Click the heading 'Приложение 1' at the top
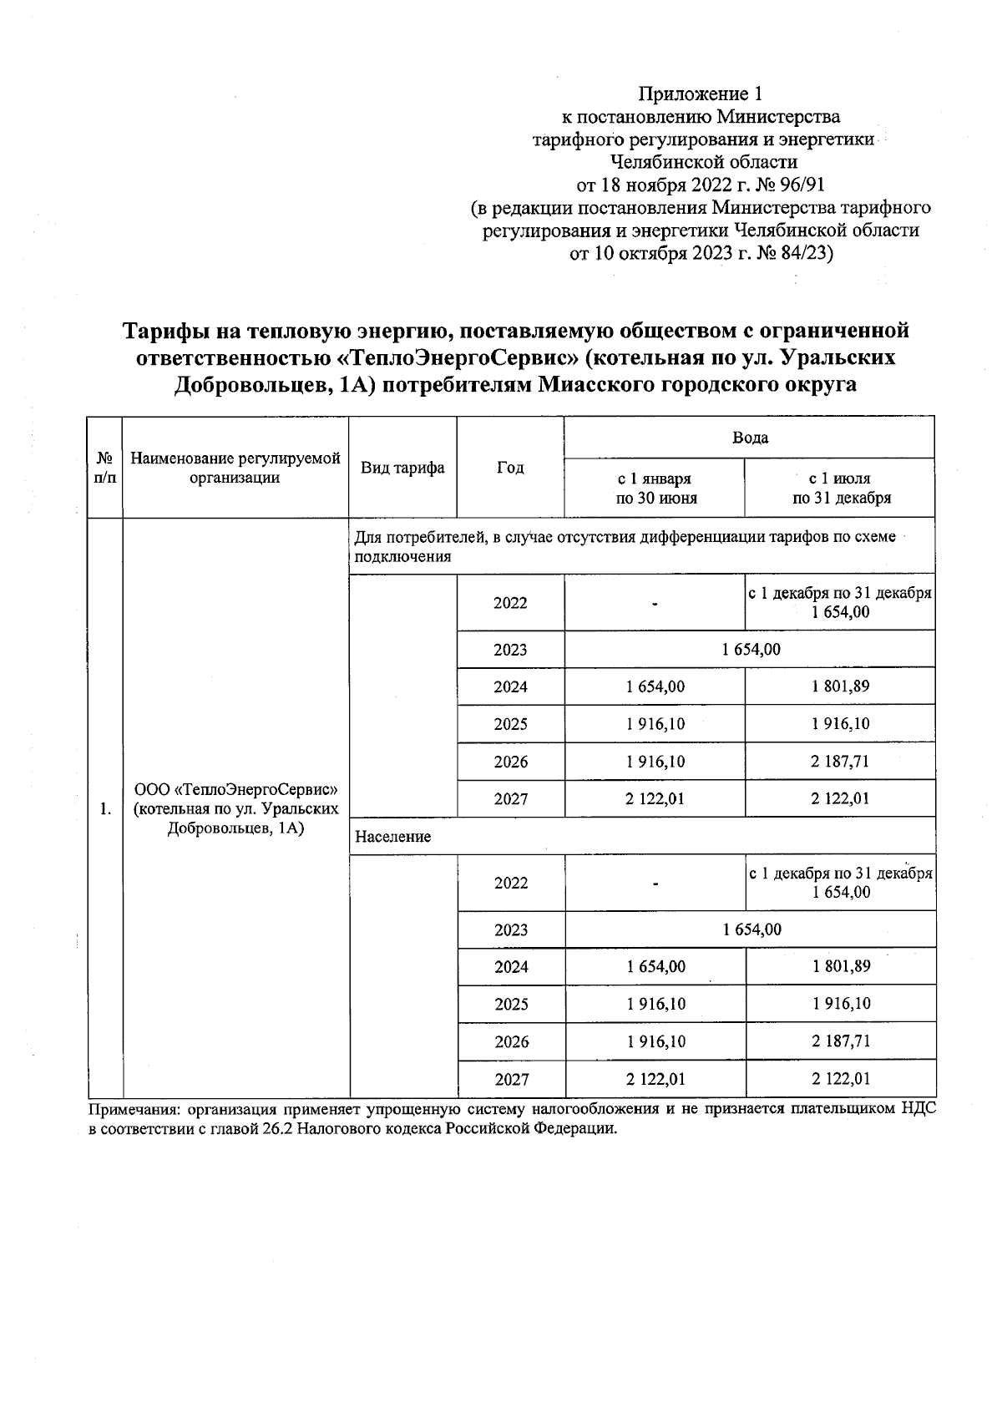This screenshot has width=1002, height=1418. [701, 93]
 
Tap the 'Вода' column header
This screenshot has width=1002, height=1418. [749, 438]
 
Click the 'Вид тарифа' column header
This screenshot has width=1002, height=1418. [402, 468]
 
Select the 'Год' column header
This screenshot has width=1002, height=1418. [510, 468]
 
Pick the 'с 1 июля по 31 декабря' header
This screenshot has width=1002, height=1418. [840, 489]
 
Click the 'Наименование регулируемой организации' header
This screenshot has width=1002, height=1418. [235, 468]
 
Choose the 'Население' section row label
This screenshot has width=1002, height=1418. [393, 836]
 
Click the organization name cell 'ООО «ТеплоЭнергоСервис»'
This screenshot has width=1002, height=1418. [236, 789]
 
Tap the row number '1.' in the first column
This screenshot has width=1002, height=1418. [105, 808]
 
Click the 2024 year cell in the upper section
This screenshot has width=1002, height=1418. [510, 686]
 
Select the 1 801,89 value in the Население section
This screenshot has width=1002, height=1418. [841, 966]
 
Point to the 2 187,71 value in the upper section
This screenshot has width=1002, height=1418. [840, 761]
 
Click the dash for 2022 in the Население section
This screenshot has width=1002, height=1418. [656, 883]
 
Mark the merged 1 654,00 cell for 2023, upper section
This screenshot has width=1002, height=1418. [751, 649]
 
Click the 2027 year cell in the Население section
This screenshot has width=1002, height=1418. [511, 1079]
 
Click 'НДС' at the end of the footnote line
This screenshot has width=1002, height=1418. [918, 1110]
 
